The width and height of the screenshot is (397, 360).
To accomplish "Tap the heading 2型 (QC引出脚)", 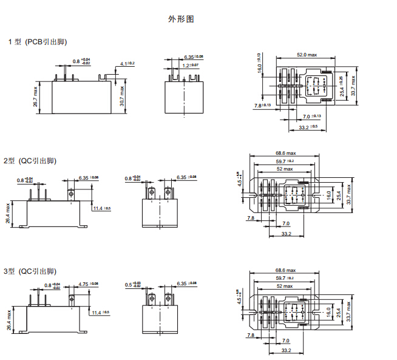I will point(30,161).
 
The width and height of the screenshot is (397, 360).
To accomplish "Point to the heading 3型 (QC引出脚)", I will point(30,271).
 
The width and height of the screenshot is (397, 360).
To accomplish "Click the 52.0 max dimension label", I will point(307,55).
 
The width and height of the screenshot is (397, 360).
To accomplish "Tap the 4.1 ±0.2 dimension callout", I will point(127,64).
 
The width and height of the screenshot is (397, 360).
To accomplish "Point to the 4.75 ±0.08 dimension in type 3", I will point(88,284).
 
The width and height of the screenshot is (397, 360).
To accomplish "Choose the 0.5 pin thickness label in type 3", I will point(132,284).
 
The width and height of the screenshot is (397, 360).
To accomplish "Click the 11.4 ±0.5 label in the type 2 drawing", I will point(101,209).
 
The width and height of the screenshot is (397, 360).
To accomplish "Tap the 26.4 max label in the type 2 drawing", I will point(8,213).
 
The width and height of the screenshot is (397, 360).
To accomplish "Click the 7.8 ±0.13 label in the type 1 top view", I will point(262,106).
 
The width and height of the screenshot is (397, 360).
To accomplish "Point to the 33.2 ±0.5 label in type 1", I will point(308,127).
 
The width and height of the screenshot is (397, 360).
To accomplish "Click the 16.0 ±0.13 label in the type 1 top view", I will point(259,63).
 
